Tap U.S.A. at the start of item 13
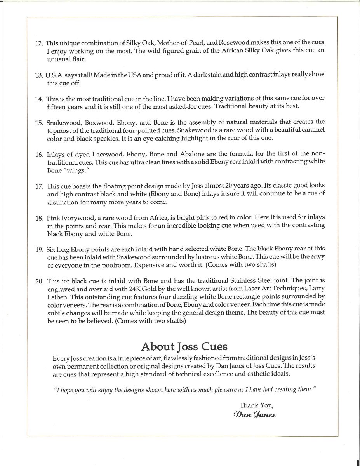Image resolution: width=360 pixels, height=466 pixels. [54, 74]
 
